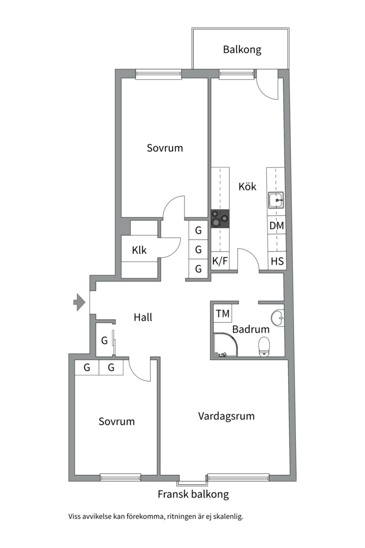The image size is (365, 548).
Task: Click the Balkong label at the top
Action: (x=242, y=50)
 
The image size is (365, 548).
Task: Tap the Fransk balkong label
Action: (x=193, y=494)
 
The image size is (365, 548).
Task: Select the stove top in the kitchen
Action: (x=220, y=219)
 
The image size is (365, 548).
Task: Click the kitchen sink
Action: (x=276, y=201)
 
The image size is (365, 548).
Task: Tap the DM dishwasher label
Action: (x=276, y=225)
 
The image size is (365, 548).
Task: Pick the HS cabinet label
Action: (x=277, y=262)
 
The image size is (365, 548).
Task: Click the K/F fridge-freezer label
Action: (x=220, y=262)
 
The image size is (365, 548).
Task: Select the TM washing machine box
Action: (x=223, y=314)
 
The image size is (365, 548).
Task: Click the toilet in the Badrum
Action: (x=264, y=347)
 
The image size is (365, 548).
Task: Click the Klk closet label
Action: (x=139, y=250)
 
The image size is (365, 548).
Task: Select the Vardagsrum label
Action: (x=226, y=416)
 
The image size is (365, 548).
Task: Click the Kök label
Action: (x=247, y=186)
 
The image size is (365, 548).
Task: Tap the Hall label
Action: (x=143, y=318)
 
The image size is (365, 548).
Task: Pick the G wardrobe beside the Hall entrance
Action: (x=104, y=340)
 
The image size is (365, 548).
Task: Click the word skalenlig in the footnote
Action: (x=227, y=517)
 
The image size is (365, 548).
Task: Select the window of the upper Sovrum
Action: (x=158, y=75)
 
